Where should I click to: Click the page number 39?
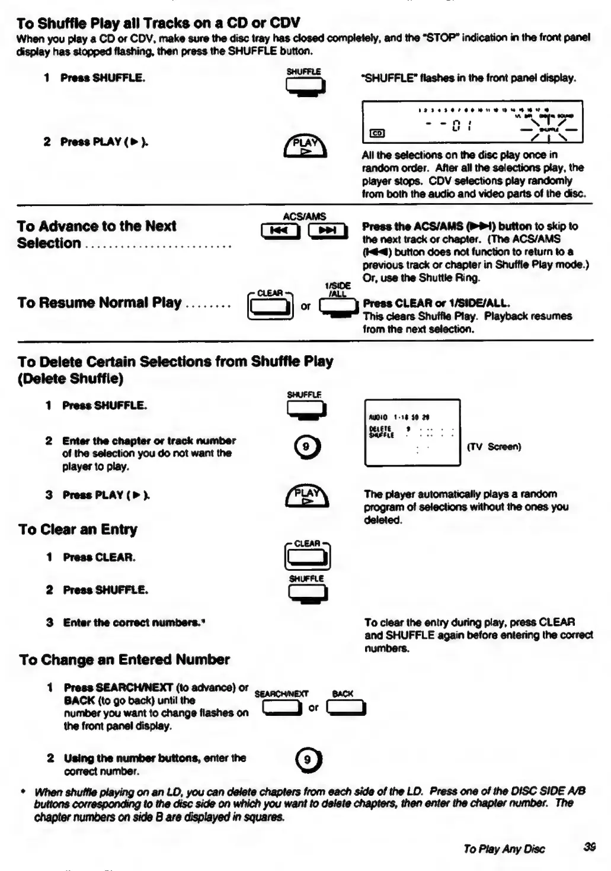pyautogui.click(x=589, y=847)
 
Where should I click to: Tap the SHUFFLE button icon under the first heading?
pyautogui.click(x=305, y=86)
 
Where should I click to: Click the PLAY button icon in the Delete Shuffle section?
pyautogui.click(x=306, y=496)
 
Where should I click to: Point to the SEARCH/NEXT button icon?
pyautogui.click(x=281, y=707)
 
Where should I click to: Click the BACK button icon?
pyautogui.click(x=346, y=707)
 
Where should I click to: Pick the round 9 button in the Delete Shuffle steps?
pyautogui.click(x=306, y=446)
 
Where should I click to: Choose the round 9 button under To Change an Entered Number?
pyautogui.click(x=308, y=760)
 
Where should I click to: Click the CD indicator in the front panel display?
pyautogui.click(x=376, y=134)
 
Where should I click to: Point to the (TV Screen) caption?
pyautogui.click(x=494, y=446)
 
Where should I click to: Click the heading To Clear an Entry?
pyautogui.click(x=78, y=529)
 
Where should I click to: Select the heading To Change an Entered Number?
pyautogui.click(x=124, y=660)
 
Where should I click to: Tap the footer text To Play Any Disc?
pyautogui.click(x=504, y=848)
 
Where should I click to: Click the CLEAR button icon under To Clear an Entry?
pyautogui.click(x=307, y=557)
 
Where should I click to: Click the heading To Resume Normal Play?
pyautogui.click(x=99, y=303)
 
